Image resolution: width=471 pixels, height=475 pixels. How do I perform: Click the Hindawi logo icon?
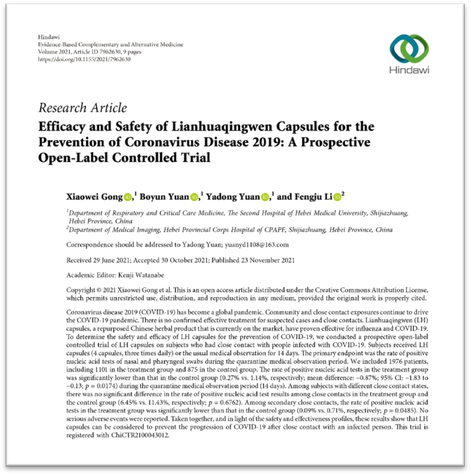tap(409, 50)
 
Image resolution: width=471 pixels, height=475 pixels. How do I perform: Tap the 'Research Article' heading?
tap(83, 108)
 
